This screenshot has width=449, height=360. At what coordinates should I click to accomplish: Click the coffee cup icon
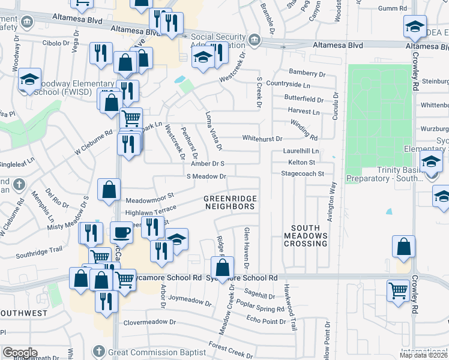tap(122, 231)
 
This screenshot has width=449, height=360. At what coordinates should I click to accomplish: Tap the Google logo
tap(20, 353)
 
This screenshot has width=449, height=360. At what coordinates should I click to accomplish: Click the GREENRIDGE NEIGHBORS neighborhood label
tap(229, 202)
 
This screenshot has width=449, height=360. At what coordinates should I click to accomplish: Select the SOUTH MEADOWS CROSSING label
tap(309, 236)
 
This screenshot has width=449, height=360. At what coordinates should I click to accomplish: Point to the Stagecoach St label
tap(303, 173)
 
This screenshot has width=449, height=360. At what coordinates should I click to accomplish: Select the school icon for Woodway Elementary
tap(28, 80)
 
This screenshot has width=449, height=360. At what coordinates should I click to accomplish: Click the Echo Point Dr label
tap(266, 321)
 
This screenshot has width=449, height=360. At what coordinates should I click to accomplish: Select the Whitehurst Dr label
tap(262, 138)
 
